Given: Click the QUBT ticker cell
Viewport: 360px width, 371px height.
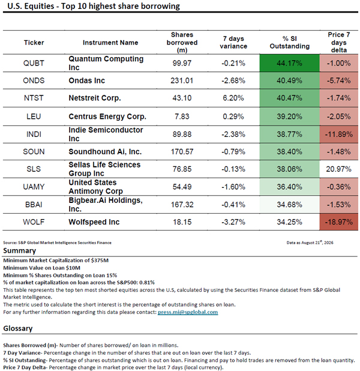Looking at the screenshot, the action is [x=34, y=63].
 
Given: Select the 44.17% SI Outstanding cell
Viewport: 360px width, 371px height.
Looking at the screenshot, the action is [x=290, y=63].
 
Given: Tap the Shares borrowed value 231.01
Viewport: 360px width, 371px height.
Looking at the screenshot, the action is [x=182, y=80].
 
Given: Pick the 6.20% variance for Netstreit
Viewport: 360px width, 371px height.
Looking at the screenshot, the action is [x=233, y=98].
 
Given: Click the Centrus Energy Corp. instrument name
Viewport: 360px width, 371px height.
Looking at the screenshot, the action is [x=107, y=116].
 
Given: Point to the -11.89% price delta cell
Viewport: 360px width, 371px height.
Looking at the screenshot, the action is [x=339, y=134].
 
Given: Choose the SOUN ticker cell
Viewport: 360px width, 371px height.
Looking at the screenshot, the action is [x=34, y=151].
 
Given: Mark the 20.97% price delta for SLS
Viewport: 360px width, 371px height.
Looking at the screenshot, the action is [x=339, y=169].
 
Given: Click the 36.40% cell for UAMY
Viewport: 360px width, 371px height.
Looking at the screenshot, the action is [x=290, y=187].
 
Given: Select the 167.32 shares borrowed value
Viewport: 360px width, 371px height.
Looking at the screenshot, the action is [x=182, y=205].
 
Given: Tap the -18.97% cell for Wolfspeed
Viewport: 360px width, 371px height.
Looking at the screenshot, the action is [x=339, y=222].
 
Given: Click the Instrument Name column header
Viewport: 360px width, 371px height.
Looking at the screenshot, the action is [x=110, y=43].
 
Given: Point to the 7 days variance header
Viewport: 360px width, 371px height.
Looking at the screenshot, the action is [x=233, y=43].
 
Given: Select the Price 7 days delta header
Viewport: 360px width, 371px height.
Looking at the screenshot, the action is [x=339, y=43].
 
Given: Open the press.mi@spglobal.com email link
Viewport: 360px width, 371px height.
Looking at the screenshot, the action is [x=188, y=312].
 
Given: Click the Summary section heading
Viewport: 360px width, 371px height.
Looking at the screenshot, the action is [x=20, y=250].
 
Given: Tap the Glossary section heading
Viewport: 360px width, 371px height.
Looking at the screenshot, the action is [x=18, y=328].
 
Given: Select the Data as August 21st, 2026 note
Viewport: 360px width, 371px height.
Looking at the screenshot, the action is [x=310, y=243].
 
